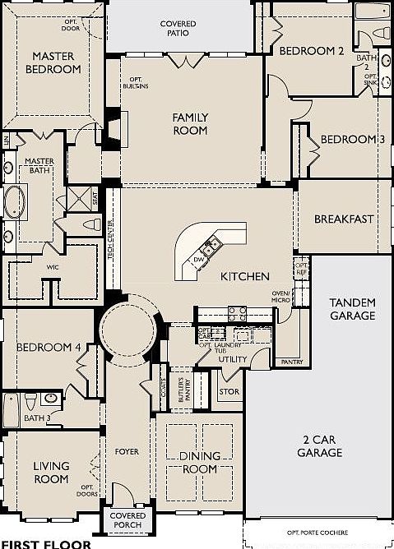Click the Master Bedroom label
coord(56,63)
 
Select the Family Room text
coord(189,123)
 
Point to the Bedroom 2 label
coord(310,51)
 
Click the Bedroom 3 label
coord(352,139)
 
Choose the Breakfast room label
coord(344,219)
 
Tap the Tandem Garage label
coord(352,309)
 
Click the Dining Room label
coord(200,463)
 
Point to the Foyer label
coord(126,452)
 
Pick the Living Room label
coord(50,473)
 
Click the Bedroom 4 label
coord(48,348)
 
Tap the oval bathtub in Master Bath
coord(15,201)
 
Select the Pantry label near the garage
coord(291,362)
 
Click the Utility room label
coord(233,359)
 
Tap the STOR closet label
coord(229,392)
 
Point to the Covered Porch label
coord(127,520)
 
